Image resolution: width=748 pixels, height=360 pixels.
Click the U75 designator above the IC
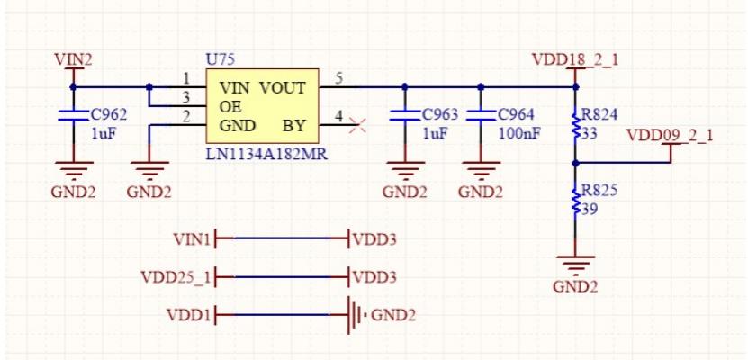220,58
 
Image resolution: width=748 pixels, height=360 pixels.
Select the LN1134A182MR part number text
266,155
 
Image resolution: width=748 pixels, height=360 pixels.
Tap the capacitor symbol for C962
73,115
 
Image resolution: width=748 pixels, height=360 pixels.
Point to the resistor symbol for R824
576,125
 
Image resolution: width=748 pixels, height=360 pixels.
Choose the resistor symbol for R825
576,202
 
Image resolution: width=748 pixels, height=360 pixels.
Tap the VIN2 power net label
73,60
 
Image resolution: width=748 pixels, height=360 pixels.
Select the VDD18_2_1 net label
575,60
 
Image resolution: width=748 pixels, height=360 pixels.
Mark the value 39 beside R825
590,209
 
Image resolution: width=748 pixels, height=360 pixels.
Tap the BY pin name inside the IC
294,125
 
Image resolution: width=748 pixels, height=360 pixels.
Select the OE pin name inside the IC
231,106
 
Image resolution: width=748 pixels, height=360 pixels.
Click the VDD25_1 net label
176,276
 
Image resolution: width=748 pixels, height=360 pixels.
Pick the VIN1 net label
191,239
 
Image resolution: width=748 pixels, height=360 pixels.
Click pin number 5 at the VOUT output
338,78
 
